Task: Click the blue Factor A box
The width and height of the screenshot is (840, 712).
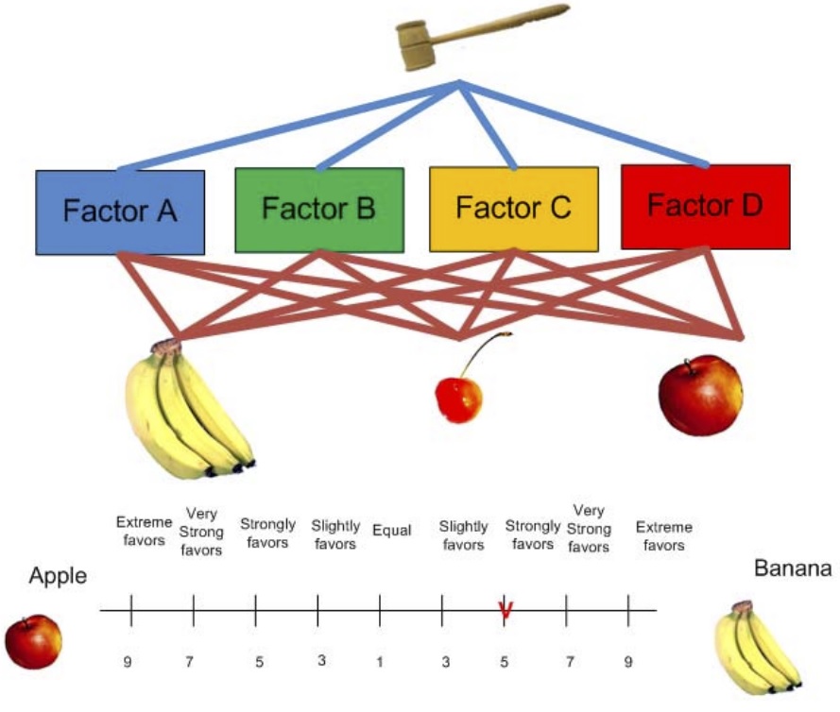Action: coord(120,212)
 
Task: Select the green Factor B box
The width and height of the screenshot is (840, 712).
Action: coord(318,210)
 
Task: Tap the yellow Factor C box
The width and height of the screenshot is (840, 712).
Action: coord(513,209)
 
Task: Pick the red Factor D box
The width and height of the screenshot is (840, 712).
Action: coord(705,207)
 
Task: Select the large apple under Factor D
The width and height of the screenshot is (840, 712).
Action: coord(700,395)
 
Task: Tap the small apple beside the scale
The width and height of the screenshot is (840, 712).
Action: coord(33,640)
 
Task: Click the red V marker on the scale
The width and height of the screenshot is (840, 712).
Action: coord(505,611)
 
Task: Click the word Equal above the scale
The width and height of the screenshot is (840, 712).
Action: coord(391,531)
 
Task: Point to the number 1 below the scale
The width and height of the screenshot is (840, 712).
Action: coord(380,662)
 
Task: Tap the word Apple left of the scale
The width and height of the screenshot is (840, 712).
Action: coord(57,576)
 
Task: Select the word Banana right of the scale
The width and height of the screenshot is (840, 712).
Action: coord(793,568)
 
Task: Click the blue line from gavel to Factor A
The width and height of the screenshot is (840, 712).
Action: coord(283,127)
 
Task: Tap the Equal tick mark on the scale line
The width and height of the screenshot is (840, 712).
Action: coord(380,610)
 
